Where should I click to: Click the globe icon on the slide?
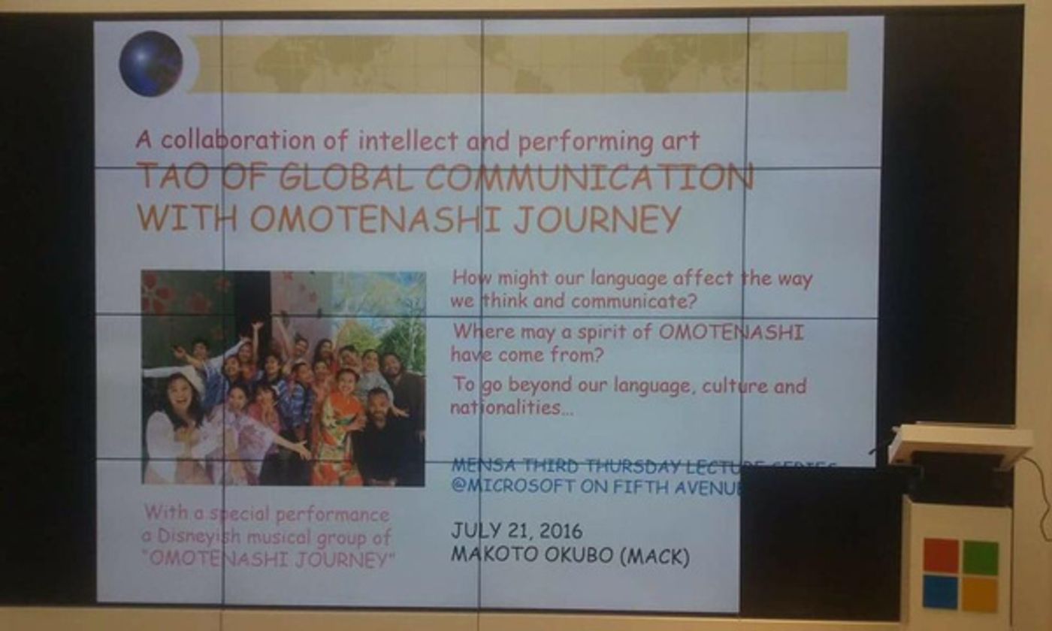click(150, 64)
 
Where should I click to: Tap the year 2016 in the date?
click(560, 530)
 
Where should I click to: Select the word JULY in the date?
click(475, 530)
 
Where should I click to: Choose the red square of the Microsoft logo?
click(941, 556)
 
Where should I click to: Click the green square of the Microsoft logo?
click(980, 557)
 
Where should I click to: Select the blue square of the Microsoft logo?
click(940, 592)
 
